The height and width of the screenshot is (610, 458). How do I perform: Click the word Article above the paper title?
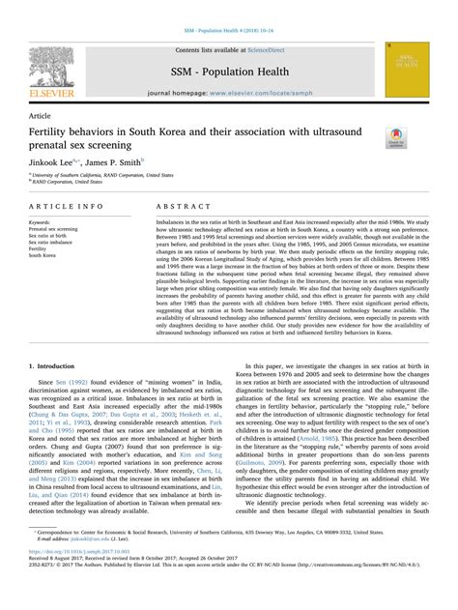tap(41, 114)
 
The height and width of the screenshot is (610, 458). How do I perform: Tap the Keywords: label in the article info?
tap(44, 220)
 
